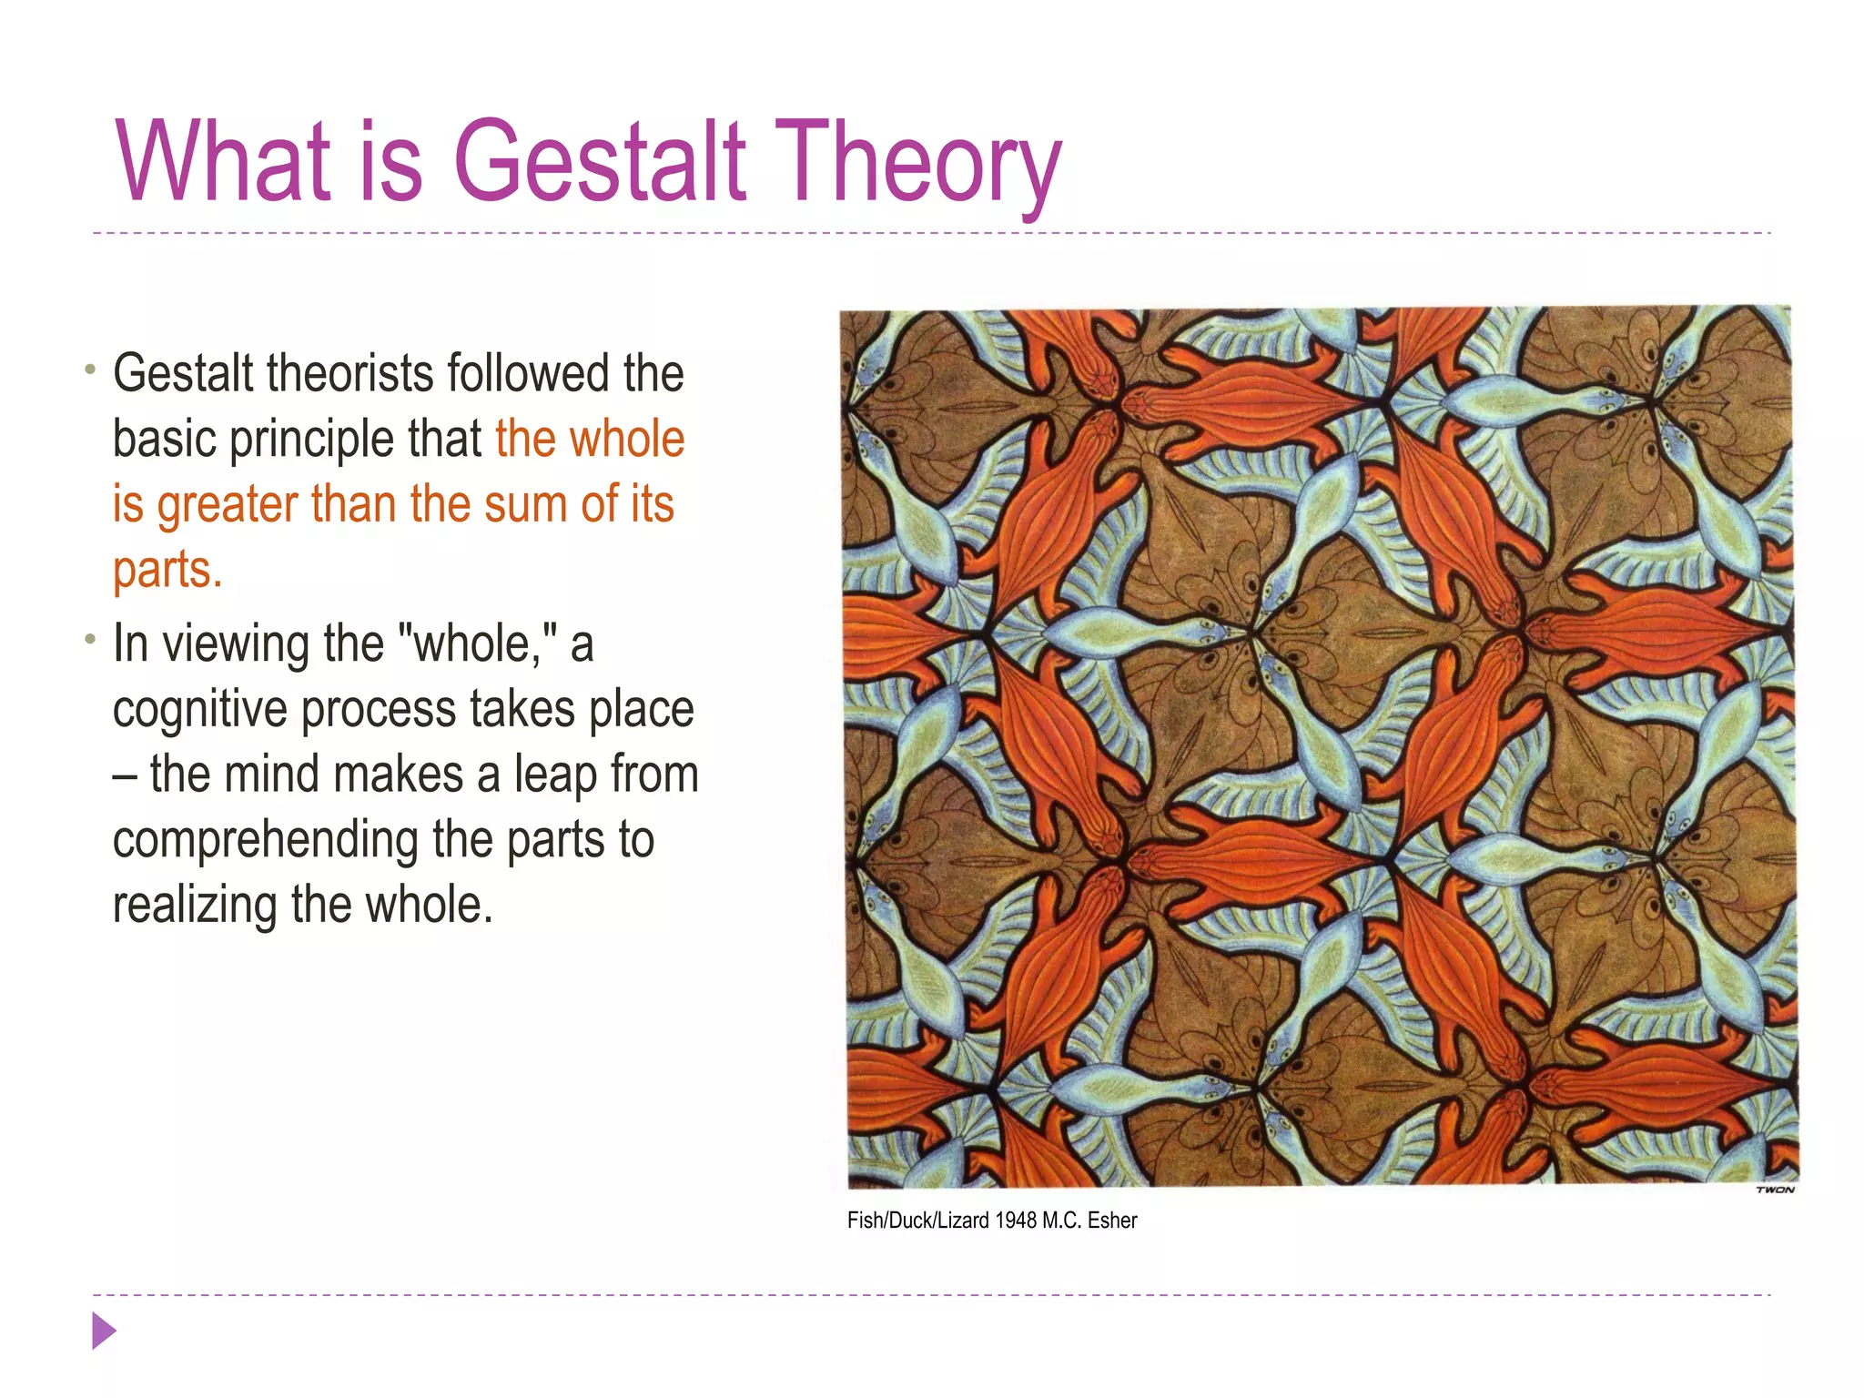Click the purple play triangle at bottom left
(x=104, y=1331)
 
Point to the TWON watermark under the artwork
(x=1775, y=1190)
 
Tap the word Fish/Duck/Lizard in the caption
(x=917, y=1221)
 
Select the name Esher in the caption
(x=1112, y=1221)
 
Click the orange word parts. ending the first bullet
(x=167, y=571)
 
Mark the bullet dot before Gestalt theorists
(x=89, y=370)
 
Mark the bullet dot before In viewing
(x=89, y=640)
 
